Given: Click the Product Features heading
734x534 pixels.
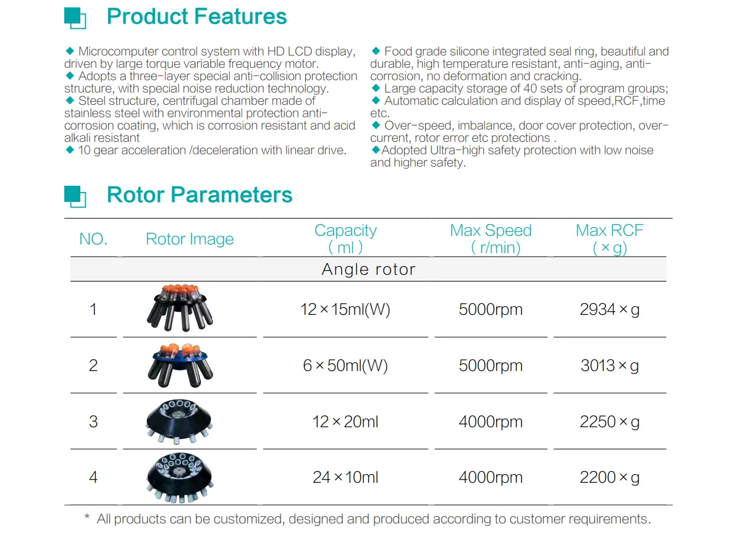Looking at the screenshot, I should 196,17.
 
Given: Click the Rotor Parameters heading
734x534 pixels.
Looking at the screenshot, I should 200,195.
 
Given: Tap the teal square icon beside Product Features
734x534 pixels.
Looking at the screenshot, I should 75,17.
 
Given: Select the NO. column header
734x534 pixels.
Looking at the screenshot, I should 93,240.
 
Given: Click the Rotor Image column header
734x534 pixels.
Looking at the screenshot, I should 190,240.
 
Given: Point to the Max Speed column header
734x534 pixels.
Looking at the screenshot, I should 491,239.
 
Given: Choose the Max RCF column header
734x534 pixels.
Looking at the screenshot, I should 609,239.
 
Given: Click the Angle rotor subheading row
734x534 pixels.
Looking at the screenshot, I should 368,269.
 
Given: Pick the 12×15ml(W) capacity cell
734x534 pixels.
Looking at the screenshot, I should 345,309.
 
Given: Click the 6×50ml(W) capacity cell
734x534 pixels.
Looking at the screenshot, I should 345,365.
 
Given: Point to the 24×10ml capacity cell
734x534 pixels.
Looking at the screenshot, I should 345,477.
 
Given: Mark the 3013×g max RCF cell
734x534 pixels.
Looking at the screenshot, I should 609,365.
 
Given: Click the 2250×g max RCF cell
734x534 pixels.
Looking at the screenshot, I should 609,422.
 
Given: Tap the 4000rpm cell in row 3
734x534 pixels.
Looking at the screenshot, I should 491,422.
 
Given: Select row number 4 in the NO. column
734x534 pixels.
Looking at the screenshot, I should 93,477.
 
